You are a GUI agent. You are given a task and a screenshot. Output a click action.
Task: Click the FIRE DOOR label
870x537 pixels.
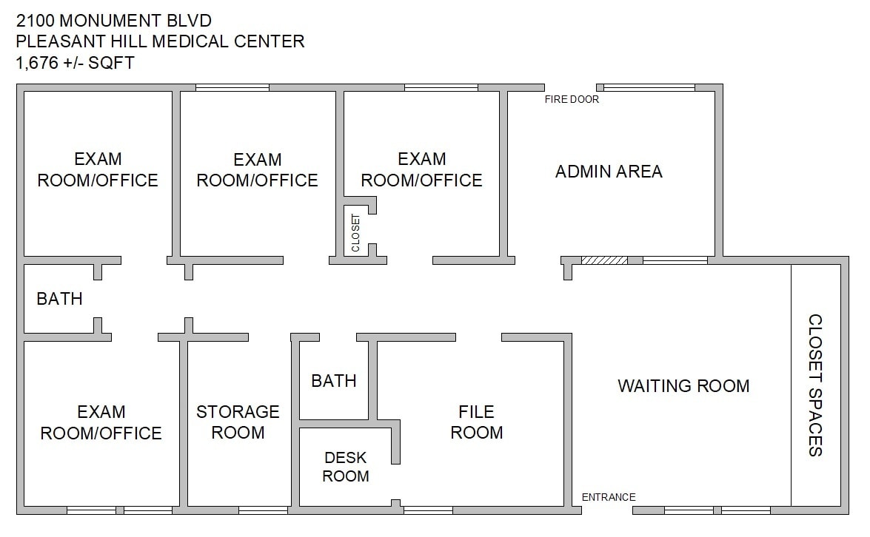[x=572, y=99]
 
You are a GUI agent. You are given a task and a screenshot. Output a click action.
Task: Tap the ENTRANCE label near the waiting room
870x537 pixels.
[x=609, y=497]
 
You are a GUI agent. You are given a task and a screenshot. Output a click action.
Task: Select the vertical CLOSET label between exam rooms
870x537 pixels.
[x=355, y=233]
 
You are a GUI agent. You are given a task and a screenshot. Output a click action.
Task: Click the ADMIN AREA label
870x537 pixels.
[x=609, y=172]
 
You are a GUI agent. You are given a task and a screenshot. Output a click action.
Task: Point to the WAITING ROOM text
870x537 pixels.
[x=683, y=385]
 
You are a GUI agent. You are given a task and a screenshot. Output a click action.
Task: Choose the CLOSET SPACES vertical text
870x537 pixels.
[x=814, y=385]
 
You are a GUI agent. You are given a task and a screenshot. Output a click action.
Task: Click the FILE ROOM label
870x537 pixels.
[x=476, y=422]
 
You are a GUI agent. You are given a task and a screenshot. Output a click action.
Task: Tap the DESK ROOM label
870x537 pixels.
[x=345, y=467]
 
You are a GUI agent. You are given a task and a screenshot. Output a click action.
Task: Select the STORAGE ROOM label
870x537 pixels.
[x=238, y=422]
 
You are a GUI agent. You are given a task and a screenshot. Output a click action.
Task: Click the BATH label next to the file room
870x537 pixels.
[x=334, y=381]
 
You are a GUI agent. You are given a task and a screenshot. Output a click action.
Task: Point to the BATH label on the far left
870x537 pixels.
[x=59, y=299]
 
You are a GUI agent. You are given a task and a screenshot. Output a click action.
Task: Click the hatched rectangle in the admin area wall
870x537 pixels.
[x=604, y=260]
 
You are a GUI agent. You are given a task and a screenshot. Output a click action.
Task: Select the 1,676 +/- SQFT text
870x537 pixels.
[x=75, y=63]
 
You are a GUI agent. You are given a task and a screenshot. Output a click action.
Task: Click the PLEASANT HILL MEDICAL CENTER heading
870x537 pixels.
[x=160, y=41]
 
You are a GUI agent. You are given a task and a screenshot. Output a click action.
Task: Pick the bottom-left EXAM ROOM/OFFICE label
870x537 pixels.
[x=101, y=422]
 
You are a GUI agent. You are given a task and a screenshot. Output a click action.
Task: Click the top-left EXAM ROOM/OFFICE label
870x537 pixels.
[x=98, y=169]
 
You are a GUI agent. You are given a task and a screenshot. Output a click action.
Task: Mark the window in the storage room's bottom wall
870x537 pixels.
[x=263, y=510]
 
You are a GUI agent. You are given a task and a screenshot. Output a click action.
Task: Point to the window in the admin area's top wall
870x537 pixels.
[x=649, y=88]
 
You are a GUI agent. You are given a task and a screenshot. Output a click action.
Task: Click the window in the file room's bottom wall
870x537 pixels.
[x=427, y=510]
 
